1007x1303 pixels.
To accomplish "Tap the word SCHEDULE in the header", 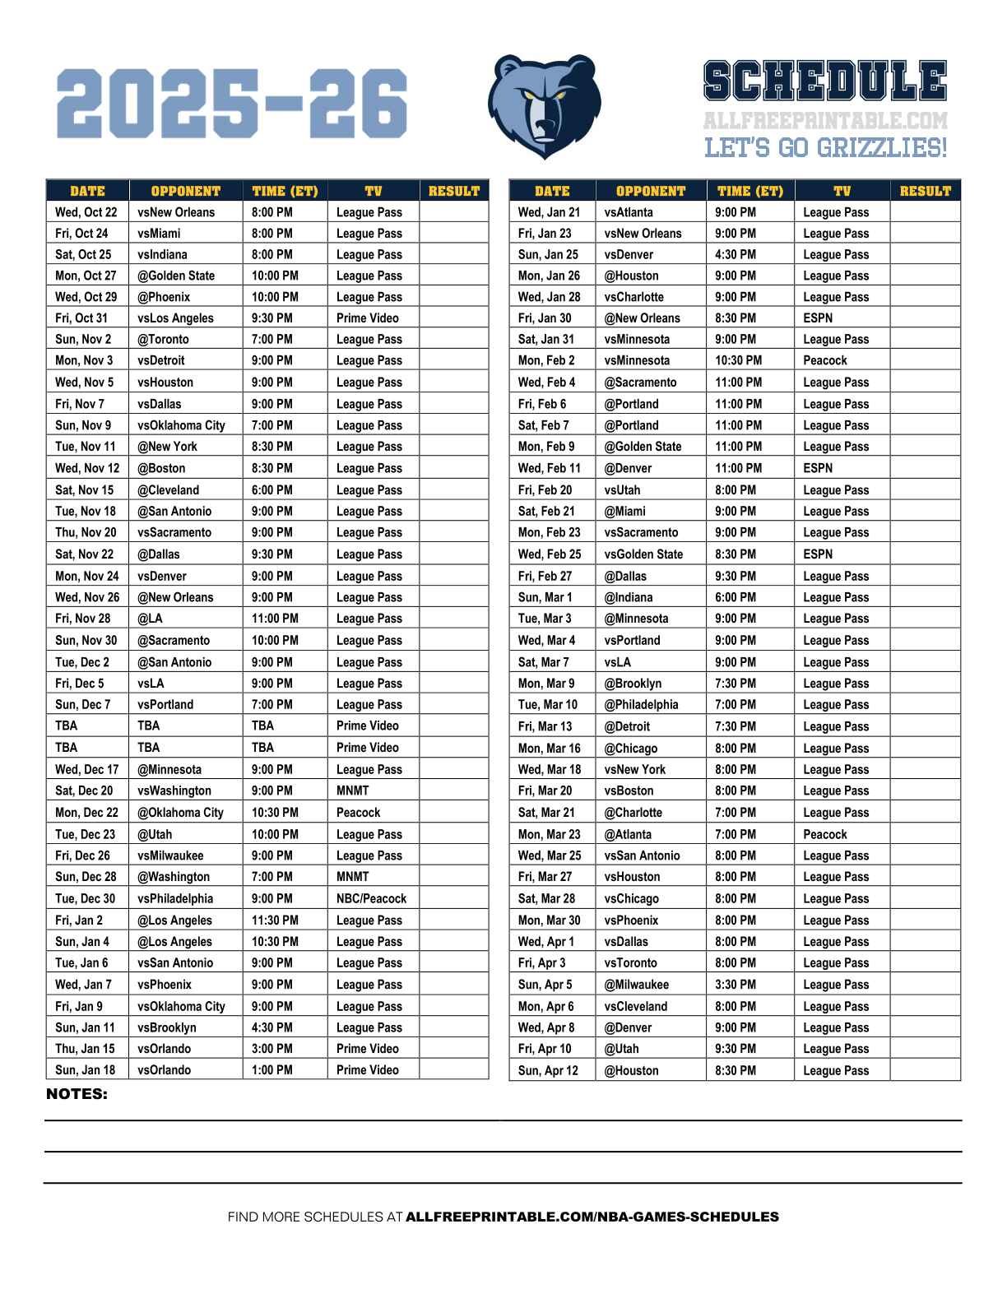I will (x=825, y=81).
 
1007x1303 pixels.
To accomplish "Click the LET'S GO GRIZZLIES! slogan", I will (x=825, y=148).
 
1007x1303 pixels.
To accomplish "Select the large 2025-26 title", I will (x=232, y=104).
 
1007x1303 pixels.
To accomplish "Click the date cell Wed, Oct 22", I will (x=86, y=212).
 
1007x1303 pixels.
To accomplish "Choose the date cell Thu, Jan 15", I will (x=86, y=1049).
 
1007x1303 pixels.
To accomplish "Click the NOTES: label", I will (x=77, y=1094).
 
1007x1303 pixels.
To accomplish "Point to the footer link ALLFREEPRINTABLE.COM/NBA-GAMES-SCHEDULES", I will (x=592, y=1217).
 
